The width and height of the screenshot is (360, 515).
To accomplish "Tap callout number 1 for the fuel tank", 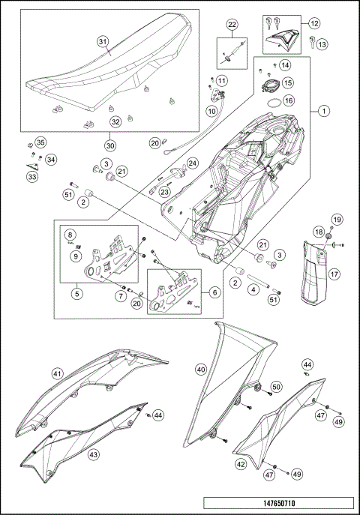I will click(x=324, y=112).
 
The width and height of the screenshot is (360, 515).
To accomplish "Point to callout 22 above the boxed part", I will click(x=232, y=27).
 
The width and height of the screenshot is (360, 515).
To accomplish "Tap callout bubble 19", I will click(x=337, y=219).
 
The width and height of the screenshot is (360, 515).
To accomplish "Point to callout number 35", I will click(x=40, y=142).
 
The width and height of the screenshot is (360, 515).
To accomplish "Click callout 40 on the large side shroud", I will click(x=201, y=369).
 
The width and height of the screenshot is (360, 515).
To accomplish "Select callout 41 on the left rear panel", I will click(x=58, y=373).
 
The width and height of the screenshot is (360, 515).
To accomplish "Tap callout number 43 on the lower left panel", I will click(x=94, y=454).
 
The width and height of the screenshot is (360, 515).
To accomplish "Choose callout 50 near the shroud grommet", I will click(x=276, y=386).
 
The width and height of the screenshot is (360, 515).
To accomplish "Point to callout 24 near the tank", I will click(x=193, y=163).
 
